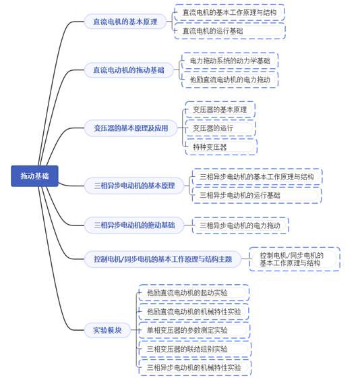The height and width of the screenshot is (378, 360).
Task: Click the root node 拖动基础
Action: [34, 176]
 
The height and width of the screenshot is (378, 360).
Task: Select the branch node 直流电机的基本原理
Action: [125, 22]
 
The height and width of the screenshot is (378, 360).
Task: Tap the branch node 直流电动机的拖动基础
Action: [129, 70]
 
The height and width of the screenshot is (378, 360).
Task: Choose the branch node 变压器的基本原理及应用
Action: [131, 128]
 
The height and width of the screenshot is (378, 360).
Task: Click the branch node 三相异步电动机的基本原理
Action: [134, 186]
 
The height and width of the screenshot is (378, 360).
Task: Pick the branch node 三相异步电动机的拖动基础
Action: [134, 225]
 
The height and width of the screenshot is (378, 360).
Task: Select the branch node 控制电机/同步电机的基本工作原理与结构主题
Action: [162, 259]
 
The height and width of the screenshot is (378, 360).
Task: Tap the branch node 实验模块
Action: [107, 330]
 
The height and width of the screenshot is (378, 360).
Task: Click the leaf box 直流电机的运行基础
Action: [230, 31]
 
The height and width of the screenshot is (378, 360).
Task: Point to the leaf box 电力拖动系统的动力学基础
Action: [230, 61]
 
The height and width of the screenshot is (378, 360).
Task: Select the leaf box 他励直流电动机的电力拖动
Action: [230, 80]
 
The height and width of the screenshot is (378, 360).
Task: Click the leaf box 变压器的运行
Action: [220, 128]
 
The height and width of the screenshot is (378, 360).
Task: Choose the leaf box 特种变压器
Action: [221, 146]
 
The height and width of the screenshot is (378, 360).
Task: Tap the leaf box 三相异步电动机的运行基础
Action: [257, 195]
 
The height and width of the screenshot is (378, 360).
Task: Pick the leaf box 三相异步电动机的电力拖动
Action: [240, 225]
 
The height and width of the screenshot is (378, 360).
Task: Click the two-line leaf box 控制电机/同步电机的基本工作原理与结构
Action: [295, 259]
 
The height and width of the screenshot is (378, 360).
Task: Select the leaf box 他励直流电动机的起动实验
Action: [194, 293]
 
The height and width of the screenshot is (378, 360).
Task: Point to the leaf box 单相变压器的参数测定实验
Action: [194, 330]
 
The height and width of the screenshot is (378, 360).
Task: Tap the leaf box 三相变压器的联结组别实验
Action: [195, 349]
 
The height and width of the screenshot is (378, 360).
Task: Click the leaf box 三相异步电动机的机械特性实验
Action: [195, 368]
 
